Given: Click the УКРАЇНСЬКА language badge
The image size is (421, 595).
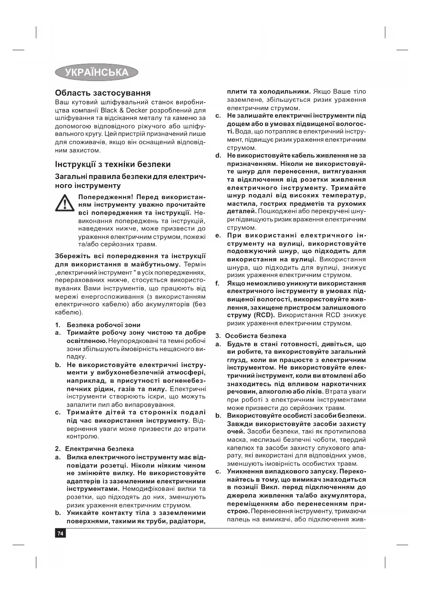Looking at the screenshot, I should click(97, 72).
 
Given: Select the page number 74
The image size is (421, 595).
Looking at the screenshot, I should click(60, 534).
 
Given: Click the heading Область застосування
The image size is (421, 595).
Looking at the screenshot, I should click(103, 93).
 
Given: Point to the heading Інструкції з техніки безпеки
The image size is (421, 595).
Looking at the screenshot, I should click(113, 165).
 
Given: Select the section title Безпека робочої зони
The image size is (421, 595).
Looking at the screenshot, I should click(103, 325).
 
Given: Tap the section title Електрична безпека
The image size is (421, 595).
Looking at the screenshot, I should click(99, 449).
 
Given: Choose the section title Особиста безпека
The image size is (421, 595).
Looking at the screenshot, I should click(255, 336).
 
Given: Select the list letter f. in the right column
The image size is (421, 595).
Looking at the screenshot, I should click(218, 283).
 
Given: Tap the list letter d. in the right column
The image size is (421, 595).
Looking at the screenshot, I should click(218, 155).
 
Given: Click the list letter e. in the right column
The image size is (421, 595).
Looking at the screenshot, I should click(218, 235).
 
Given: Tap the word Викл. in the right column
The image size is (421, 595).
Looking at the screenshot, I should click(270, 487).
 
